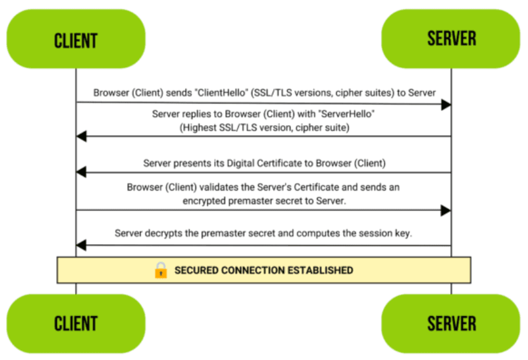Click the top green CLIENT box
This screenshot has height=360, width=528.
[x=76, y=39]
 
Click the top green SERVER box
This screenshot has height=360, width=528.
[x=451, y=39]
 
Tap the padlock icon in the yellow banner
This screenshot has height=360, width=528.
[x=161, y=270]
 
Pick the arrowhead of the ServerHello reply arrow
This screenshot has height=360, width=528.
[x=81, y=137]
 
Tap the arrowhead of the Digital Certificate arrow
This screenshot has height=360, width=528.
[x=81, y=173]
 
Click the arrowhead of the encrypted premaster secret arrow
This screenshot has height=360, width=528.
[x=445, y=210]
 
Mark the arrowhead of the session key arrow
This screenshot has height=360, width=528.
[x=81, y=245]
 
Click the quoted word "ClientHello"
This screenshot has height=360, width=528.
[x=224, y=92]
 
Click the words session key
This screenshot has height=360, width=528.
[x=385, y=234]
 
